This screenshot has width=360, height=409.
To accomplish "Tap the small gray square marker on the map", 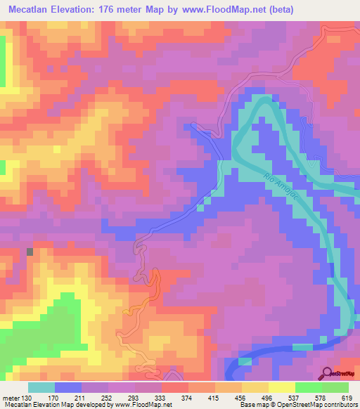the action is point(30,250).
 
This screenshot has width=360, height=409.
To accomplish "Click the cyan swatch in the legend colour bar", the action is point(41,388).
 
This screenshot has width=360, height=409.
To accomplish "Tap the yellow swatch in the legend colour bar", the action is point(282,388).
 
